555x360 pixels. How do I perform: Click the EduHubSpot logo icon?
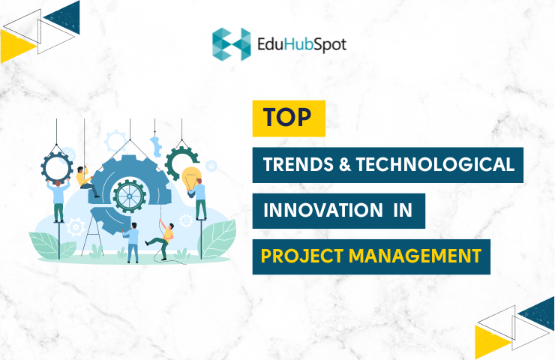231,44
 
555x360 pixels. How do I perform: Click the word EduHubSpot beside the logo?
302,44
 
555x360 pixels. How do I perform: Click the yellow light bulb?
190,178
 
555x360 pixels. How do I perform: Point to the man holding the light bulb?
200,199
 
